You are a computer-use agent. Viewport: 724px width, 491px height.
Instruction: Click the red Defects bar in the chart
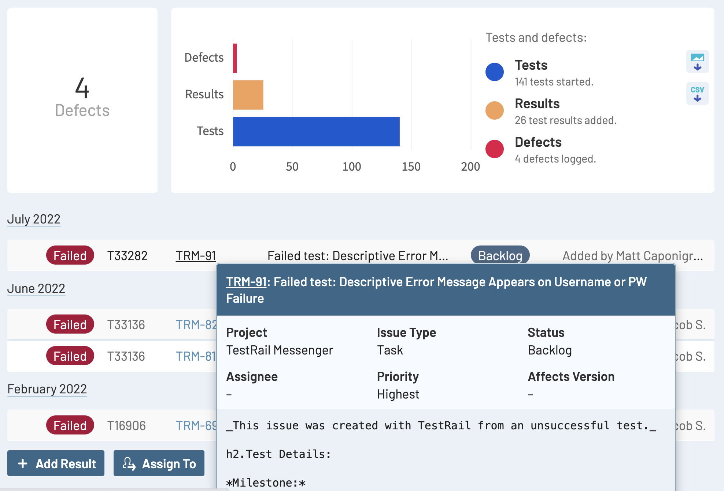[x=235, y=58]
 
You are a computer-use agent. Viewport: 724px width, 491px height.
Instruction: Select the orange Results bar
[x=248, y=95]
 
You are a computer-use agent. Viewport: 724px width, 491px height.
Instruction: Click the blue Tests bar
[x=316, y=131]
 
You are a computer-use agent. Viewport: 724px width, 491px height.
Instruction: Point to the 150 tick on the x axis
[x=411, y=167]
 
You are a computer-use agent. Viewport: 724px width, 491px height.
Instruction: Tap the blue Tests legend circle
[x=494, y=72]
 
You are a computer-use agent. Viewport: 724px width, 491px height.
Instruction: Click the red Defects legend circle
[x=494, y=149]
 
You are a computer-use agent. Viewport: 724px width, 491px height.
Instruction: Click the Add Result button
[x=56, y=463]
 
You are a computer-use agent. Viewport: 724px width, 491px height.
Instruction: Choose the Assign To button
[x=159, y=463]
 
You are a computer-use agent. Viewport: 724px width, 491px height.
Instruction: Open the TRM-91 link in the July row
[x=196, y=256]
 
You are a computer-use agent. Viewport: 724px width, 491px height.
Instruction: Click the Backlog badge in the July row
[x=500, y=255]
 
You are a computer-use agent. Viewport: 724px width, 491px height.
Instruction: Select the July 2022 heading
[x=34, y=219]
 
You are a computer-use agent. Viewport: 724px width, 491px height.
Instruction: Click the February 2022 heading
[x=47, y=389]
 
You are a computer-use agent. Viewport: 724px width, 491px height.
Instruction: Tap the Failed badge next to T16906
[x=70, y=425]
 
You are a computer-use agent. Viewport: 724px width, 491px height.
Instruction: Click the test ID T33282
[x=127, y=256]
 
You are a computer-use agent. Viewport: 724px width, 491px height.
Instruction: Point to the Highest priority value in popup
[x=398, y=394]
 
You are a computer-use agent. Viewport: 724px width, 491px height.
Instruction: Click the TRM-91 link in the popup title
[x=246, y=282]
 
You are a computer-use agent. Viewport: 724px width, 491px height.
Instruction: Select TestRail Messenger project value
[x=280, y=350]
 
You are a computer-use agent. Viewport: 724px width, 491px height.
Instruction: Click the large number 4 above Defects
[x=82, y=88]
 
